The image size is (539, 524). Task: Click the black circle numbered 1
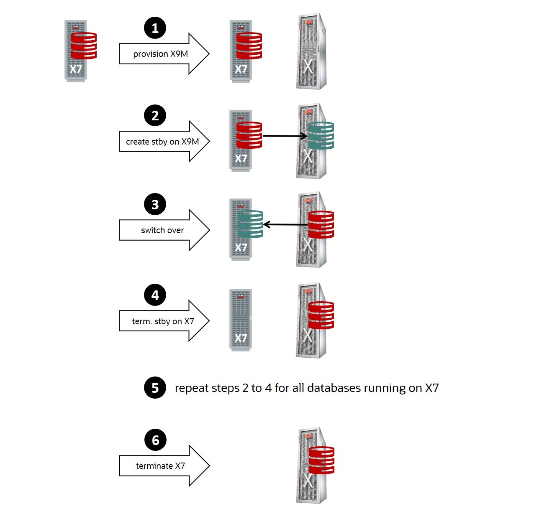point(155,28)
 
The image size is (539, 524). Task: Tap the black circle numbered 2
point(155,115)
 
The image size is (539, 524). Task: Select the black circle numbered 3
point(155,204)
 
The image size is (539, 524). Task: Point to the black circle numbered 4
point(155,295)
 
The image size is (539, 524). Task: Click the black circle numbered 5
point(155,388)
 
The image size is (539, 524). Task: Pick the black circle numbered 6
point(155,440)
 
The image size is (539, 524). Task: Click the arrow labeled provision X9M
point(163,54)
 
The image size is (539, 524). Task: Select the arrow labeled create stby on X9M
point(163,142)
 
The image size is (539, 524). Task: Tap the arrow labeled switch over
point(163,230)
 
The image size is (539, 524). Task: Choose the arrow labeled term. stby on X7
point(163,321)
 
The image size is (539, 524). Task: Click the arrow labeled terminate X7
point(163,465)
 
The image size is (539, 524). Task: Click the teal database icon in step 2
point(321,135)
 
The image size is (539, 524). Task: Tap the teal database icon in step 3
point(250,224)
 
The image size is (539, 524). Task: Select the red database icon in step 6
point(321,460)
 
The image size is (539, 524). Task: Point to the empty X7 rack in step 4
point(241,320)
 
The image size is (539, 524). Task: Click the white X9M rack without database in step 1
point(311,51)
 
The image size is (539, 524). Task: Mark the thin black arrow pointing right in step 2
point(285,136)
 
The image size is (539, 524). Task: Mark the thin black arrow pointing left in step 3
point(285,225)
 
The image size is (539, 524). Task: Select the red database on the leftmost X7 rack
point(84,46)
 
